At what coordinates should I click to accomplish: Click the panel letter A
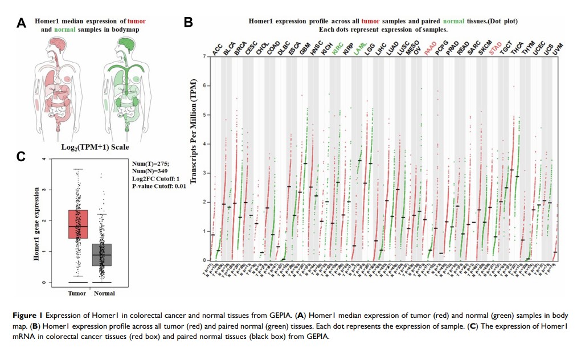click(x=22, y=23)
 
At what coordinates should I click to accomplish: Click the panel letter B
click(x=189, y=23)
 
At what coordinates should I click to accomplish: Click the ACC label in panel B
click(x=218, y=50)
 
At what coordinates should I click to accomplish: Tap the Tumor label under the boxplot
click(x=77, y=294)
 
